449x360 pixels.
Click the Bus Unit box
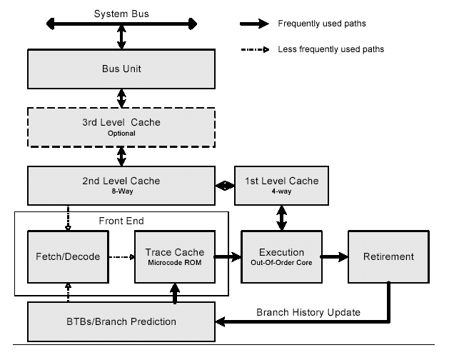tap(121, 69)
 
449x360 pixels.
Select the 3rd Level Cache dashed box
tap(121, 128)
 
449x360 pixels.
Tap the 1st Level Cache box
tap(281, 186)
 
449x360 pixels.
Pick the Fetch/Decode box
tap(68, 257)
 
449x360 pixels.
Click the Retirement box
tap(388, 257)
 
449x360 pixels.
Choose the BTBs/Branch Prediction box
tap(121, 321)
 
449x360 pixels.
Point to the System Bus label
tap(121, 14)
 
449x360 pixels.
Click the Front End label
tap(121, 221)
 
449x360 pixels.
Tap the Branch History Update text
tap(308, 312)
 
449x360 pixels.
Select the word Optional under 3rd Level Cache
tap(121, 134)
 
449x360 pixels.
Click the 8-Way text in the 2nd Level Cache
tap(122, 191)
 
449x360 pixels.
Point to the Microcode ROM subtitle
tap(175, 263)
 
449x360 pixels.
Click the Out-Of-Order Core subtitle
tap(281, 263)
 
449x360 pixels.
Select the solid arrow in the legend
tap(254, 24)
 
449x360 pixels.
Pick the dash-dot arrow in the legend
tap(255, 50)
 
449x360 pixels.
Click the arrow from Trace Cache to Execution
tap(228, 257)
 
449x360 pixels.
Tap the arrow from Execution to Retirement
tap(335, 257)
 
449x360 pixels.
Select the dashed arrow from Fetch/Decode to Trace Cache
tap(122, 257)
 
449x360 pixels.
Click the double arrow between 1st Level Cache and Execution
tap(282, 218)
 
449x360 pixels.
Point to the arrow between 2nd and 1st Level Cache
tap(225, 186)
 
